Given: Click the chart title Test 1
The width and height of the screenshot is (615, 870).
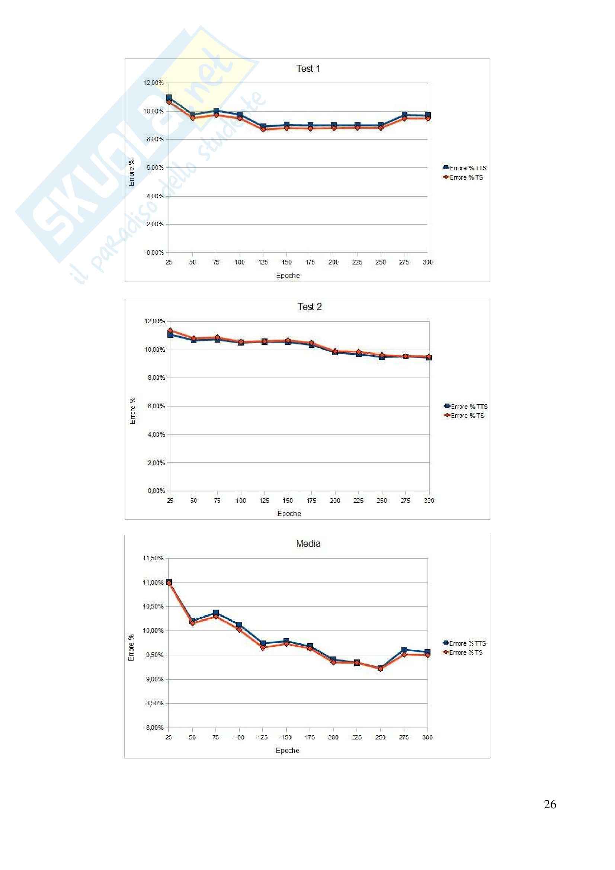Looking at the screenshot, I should pyautogui.click(x=308, y=68).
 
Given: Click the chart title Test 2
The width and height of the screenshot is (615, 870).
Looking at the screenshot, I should pyautogui.click(x=309, y=307).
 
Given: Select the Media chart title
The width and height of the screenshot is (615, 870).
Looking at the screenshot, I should pyautogui.click(x=308, y=544).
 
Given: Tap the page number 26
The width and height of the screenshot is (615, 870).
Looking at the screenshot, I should pyautogui.click(x=550, y=804).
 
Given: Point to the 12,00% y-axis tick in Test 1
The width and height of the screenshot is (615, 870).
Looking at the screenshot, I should pyautogui.click(x=153, y=83).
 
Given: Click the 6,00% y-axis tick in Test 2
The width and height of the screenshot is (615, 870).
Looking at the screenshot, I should pyautogui.click(x=156, y=406).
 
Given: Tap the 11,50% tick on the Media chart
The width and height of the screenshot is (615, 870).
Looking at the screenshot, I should pyautogui.click(x=153, y=558).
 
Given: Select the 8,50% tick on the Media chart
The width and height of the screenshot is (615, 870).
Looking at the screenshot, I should pyautogui.click(x=153, y=703).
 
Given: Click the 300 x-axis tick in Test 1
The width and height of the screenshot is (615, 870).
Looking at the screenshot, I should pyautogui.click(x=427, y=262).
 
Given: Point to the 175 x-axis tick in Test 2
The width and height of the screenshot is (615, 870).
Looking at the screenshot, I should pyautogui.click(x=311, y=501).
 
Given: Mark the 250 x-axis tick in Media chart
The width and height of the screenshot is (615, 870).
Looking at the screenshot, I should pyautogui.click(x=380, y=737).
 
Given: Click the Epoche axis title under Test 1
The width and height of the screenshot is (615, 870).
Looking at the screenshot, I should pyautogui.click(x=288, y=276).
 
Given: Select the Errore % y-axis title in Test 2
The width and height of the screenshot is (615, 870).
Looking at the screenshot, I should pyautogui.click(x=132, y=411).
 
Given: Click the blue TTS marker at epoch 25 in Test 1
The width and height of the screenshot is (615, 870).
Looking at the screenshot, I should pyautogui.click(x=169, y=98).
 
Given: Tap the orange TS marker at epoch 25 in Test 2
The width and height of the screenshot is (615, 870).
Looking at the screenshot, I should pyautogui.click(x=170, y=331).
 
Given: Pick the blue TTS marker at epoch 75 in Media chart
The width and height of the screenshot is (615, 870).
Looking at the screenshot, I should pyautogui.click(x=216, y=613).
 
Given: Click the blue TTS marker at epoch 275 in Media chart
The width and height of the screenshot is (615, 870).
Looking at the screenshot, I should pyautogui.click(x=404, y=650).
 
